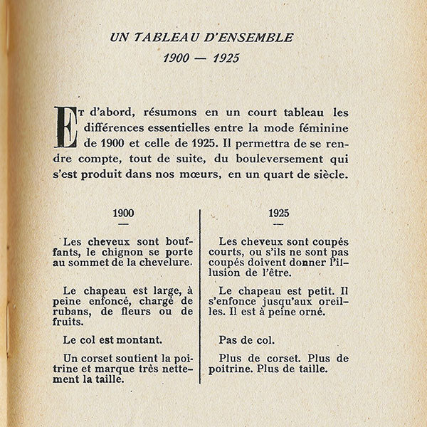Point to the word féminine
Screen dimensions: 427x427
pos(325,128)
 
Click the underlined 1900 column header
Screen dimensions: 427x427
pos(123,213)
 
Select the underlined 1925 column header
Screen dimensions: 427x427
pos(279,213)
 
